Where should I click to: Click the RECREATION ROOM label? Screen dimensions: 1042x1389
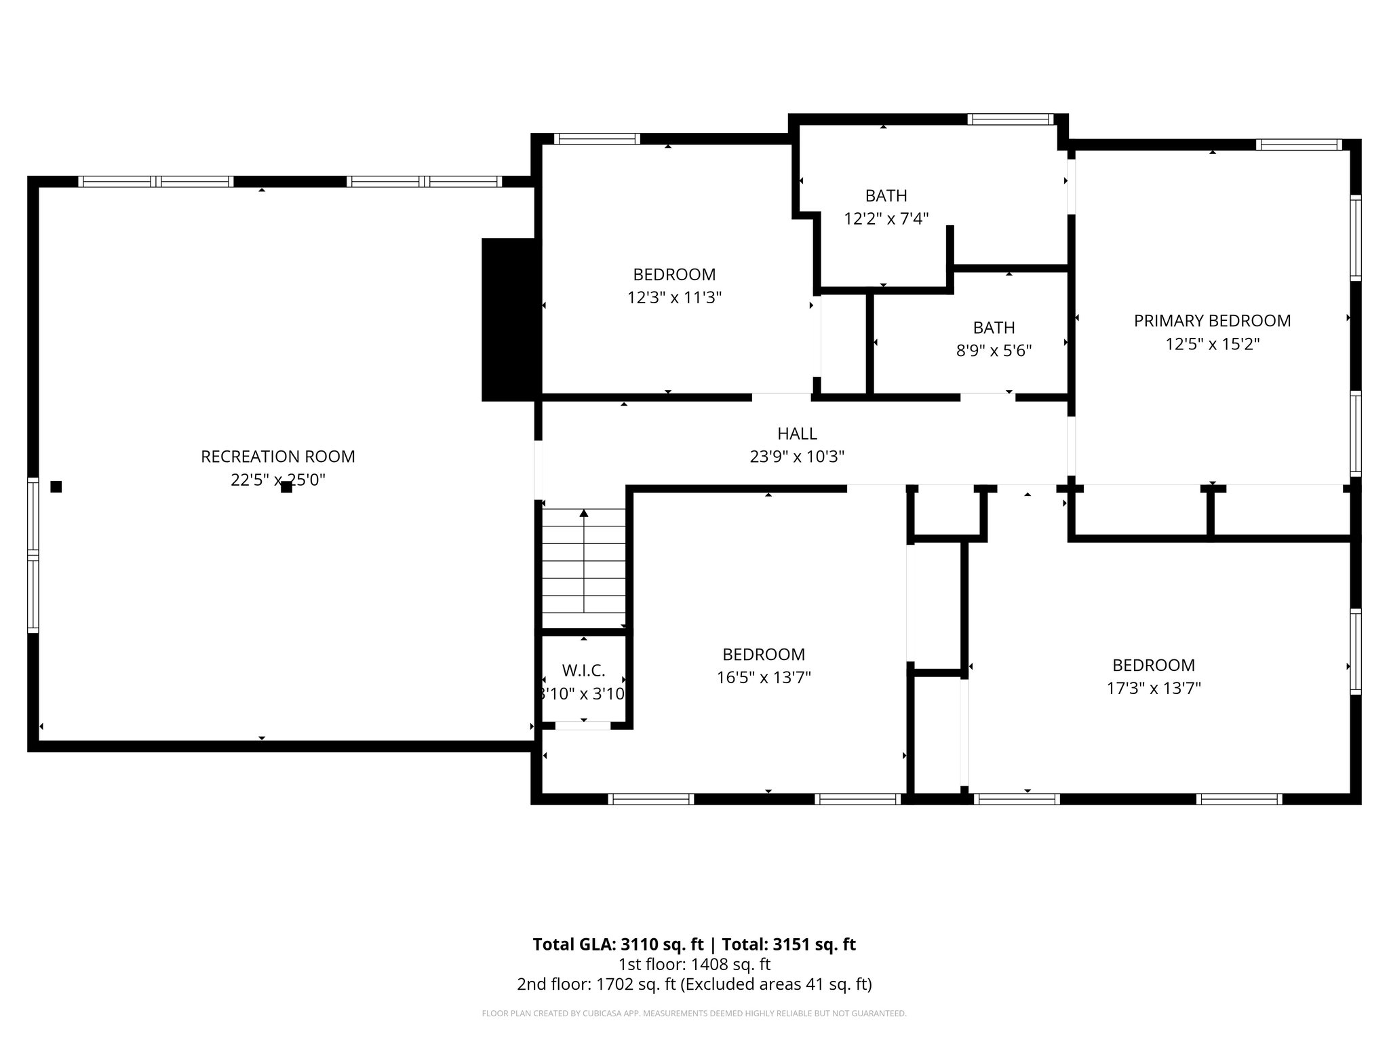(x=277, y=457)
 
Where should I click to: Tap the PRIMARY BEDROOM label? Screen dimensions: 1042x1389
(x=1212, y=321)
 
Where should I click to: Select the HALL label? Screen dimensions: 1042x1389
(x=797, y=433)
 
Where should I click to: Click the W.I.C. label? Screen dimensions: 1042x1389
(x=583, y=671)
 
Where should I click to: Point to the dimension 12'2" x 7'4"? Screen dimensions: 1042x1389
(x=886, y=219)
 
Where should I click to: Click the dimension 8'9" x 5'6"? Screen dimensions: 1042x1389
(x=994, y=351)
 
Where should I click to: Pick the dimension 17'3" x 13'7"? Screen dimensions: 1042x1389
(x=1154, y=689)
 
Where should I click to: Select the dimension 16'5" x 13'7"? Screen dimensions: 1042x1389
(x=764, y=678)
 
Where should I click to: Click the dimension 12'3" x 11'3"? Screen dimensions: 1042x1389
(x=674, y=298)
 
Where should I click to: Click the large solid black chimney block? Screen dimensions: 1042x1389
(x=509, y=320)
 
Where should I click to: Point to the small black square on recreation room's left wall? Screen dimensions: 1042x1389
(x=56, y=486)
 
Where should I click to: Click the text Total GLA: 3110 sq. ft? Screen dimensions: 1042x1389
(x=618, y=944)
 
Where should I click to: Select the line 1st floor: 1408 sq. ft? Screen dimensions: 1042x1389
(x=694, y=964)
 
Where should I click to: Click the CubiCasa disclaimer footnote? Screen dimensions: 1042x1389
(x=694, y=1014)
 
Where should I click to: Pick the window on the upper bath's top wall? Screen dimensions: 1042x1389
(x=1010, y=119)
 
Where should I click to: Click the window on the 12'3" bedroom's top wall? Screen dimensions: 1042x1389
(x=597, y=139)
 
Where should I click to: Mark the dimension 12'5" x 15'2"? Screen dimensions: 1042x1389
(x=1212, y=344)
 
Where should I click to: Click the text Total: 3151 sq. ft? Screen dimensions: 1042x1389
(x=788, y=944)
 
